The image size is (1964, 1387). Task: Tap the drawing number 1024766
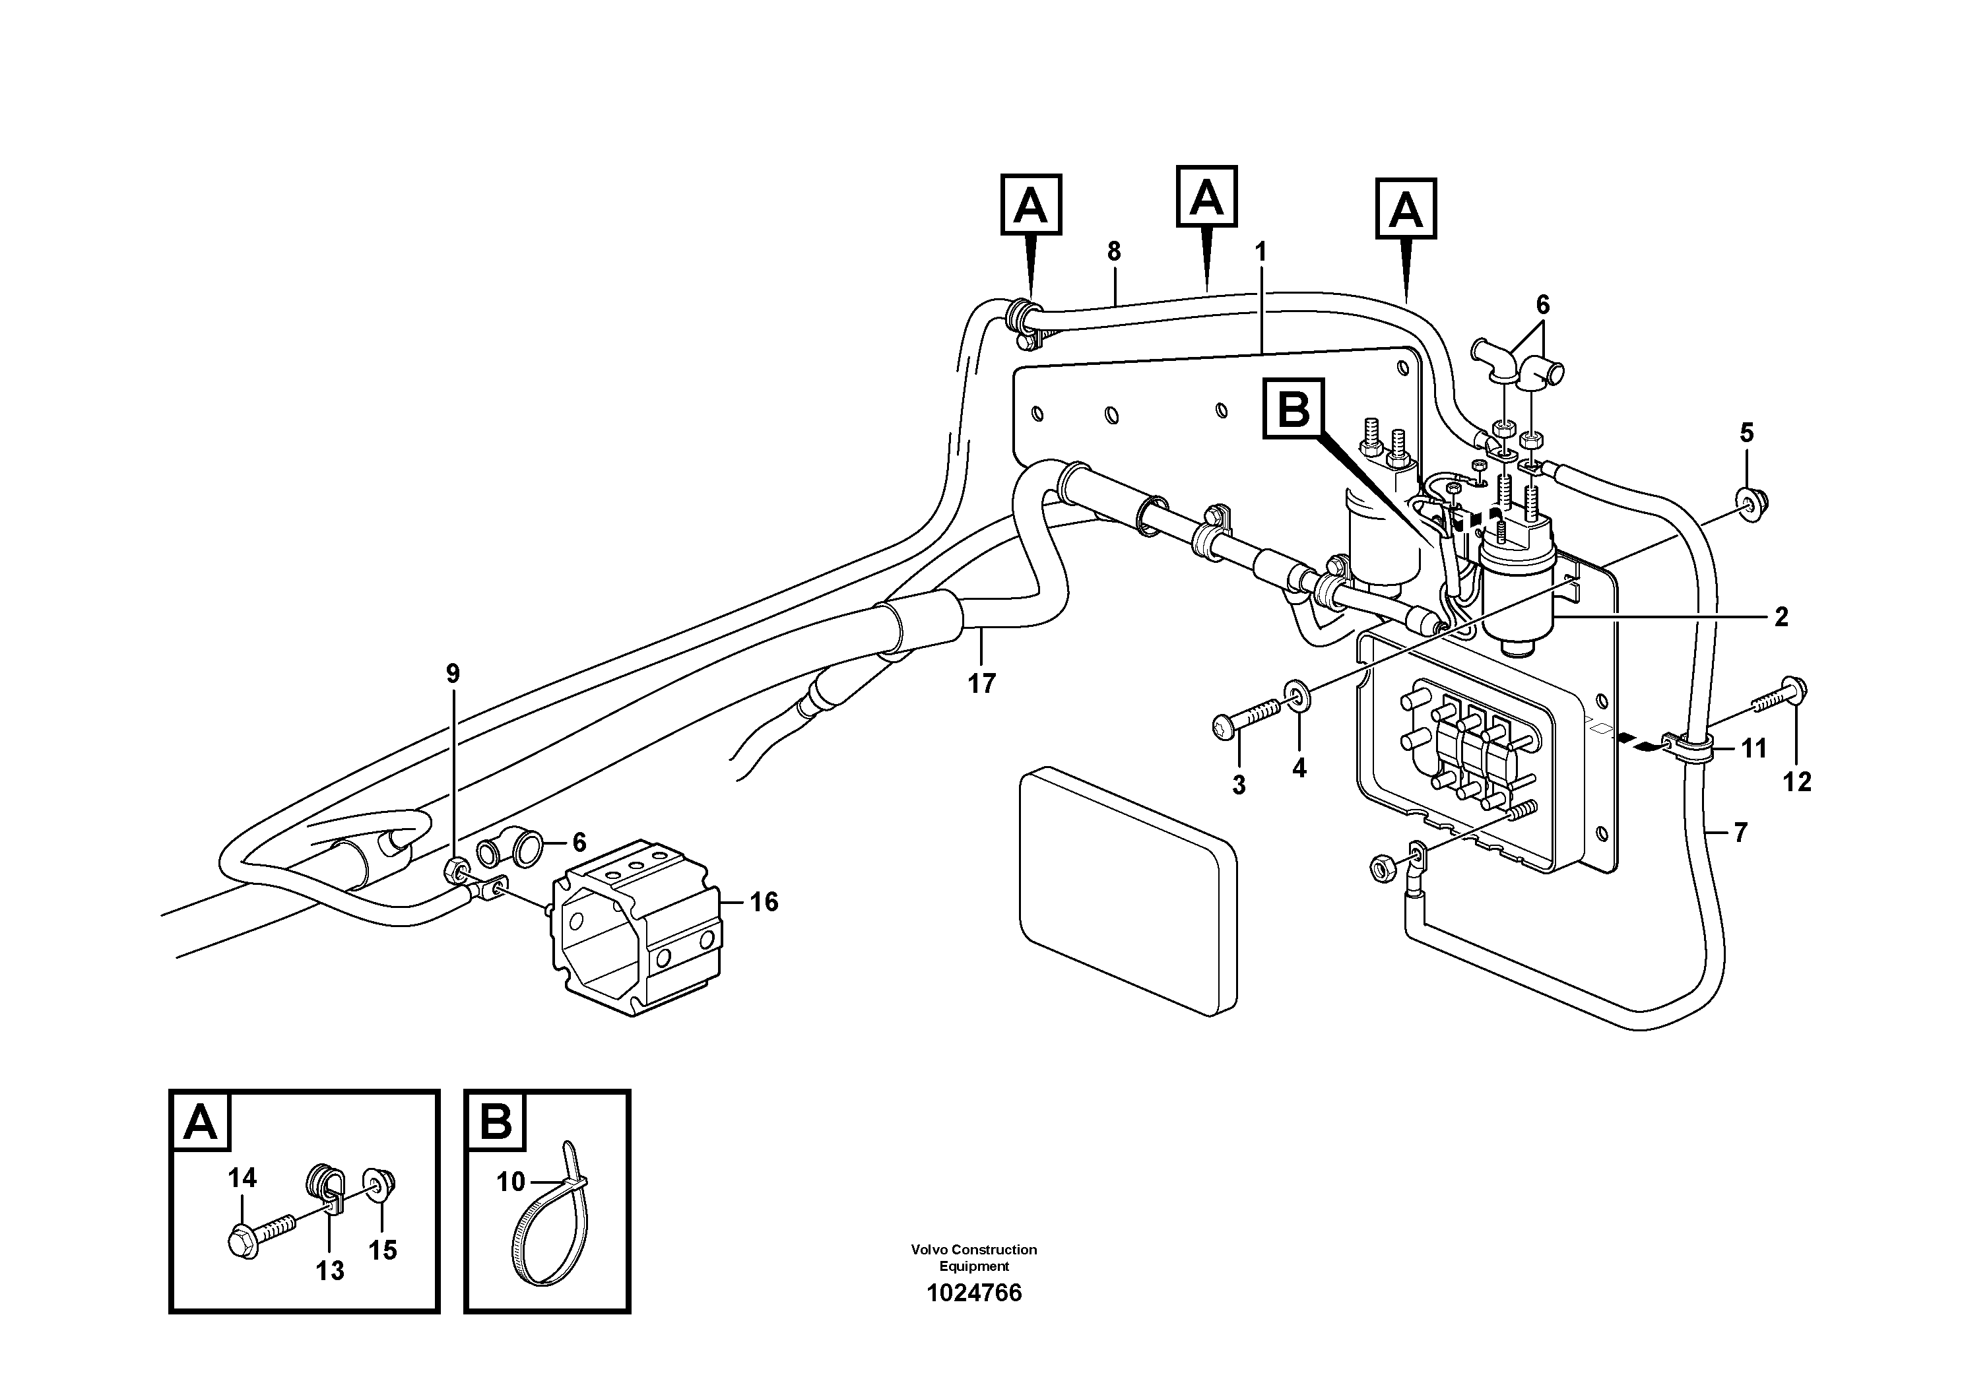(973, 1293)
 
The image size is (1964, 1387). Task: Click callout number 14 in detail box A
(242, 1178)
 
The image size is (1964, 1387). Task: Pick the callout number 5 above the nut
(1746, 433)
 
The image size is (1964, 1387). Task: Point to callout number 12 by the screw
(1797, 781)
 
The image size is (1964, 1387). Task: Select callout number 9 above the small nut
(453, 673)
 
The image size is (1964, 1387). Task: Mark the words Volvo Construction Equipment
(973, 1257)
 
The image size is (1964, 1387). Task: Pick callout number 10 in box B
(510, 1182)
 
